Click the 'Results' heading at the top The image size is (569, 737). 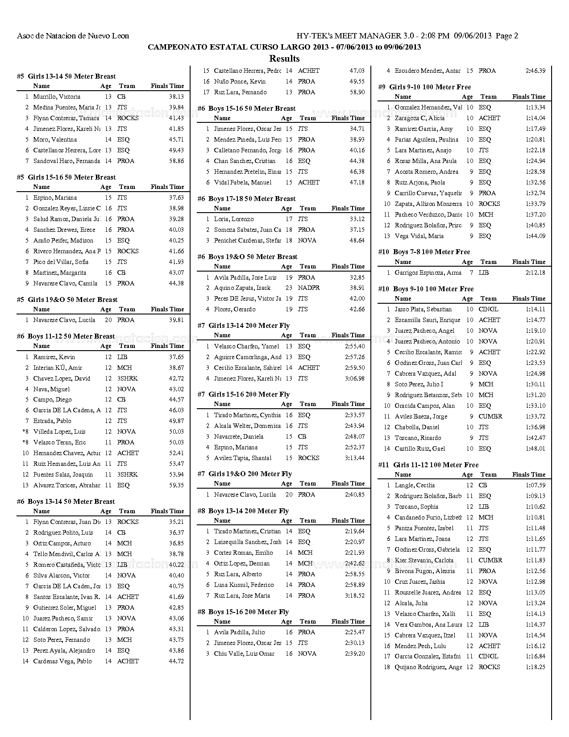point(284,59)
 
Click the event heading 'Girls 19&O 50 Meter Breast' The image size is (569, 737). point(72,300)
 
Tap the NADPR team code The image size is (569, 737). point(309,288)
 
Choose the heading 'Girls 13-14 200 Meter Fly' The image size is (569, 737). point(249,326)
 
